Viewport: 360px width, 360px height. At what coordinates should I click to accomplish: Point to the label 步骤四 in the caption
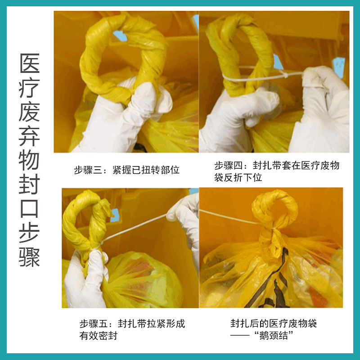tap(227, 166)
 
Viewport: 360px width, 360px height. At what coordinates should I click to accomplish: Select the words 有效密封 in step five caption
tap(98, 336)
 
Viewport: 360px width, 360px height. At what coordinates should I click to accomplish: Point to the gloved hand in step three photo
tap(130, 112)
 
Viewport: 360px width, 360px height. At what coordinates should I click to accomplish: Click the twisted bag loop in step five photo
tap(85, 220)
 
